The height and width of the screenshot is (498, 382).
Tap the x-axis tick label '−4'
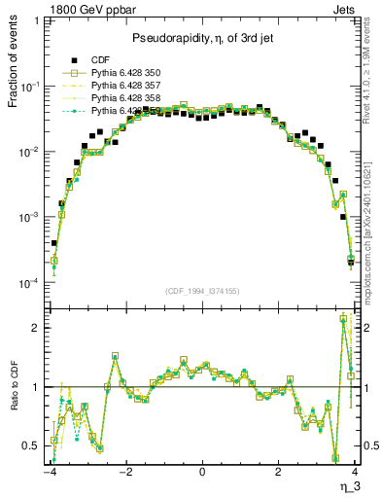(x=49, y=474)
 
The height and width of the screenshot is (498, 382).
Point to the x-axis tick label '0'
(x=201, y=474)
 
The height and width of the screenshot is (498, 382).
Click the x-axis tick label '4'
(x=354, y=474)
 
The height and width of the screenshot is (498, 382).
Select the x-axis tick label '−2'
(x=124, y=474)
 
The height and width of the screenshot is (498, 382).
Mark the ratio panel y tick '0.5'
(x=32, y=446)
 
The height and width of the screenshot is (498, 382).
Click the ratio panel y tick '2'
(x=37, y=328)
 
